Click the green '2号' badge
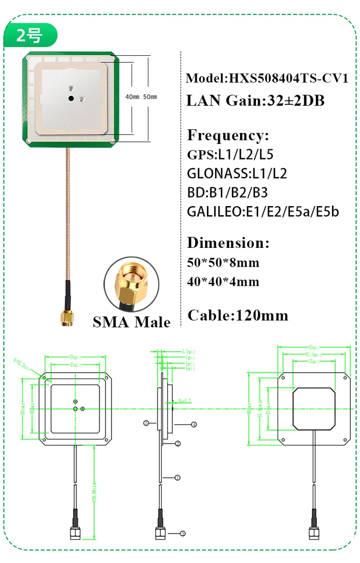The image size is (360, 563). click(29, 35)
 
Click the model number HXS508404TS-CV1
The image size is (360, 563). click(267, 78)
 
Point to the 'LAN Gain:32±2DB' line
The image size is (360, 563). click(255, 100)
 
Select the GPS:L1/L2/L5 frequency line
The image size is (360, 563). click(230, 155)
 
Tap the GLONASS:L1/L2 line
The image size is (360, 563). click(237, 173)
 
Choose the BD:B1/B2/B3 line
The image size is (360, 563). click(227, 192)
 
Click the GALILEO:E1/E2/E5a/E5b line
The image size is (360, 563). click(263, 211)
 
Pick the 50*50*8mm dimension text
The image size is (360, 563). click(223, 262)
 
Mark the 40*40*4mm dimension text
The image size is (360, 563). click(223, 281)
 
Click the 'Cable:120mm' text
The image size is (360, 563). click(238, 315)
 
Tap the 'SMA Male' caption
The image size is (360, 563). click(132, 321)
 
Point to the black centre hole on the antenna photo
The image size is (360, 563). click(71, 98)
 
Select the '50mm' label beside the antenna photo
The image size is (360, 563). click(150, 97)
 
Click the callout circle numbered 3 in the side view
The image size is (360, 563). click(182, 533)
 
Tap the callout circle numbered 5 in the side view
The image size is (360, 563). click(146, 423)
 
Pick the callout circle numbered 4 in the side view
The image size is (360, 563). click(194, 425)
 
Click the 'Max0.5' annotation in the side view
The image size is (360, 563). click(184, 400)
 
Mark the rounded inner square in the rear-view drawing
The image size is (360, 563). click(314, 409)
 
